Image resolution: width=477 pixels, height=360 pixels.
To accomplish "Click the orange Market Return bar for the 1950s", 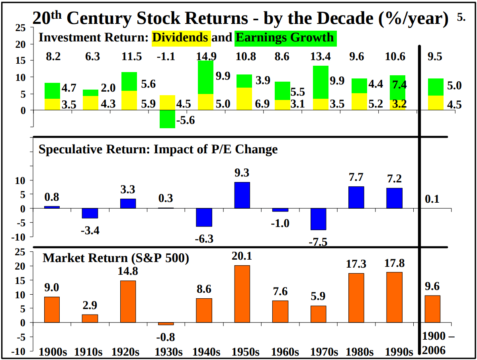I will point(242,293).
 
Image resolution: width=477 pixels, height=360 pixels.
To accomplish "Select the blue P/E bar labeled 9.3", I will point(242,195).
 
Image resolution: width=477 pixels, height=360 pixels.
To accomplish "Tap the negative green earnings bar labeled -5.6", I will point(167,119).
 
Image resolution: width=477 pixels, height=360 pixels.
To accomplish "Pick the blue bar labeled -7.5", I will point(319,219).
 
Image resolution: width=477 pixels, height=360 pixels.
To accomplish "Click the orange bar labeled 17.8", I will point(394,297).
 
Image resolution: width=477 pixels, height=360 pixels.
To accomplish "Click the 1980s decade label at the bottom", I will point(360,352).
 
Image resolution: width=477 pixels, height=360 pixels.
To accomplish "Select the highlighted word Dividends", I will point(181,37).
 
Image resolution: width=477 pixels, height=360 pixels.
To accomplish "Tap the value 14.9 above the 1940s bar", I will point(205,57).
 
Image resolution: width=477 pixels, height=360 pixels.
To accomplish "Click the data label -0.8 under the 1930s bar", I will point(167,337).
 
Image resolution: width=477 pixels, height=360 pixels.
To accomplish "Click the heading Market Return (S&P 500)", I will point(116,258).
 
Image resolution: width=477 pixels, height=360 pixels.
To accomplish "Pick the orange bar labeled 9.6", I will point(432,309).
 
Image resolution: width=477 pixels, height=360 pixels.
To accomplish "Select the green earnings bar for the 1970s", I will point(321,82).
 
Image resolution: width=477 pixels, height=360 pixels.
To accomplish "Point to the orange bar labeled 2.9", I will point(90,318).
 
